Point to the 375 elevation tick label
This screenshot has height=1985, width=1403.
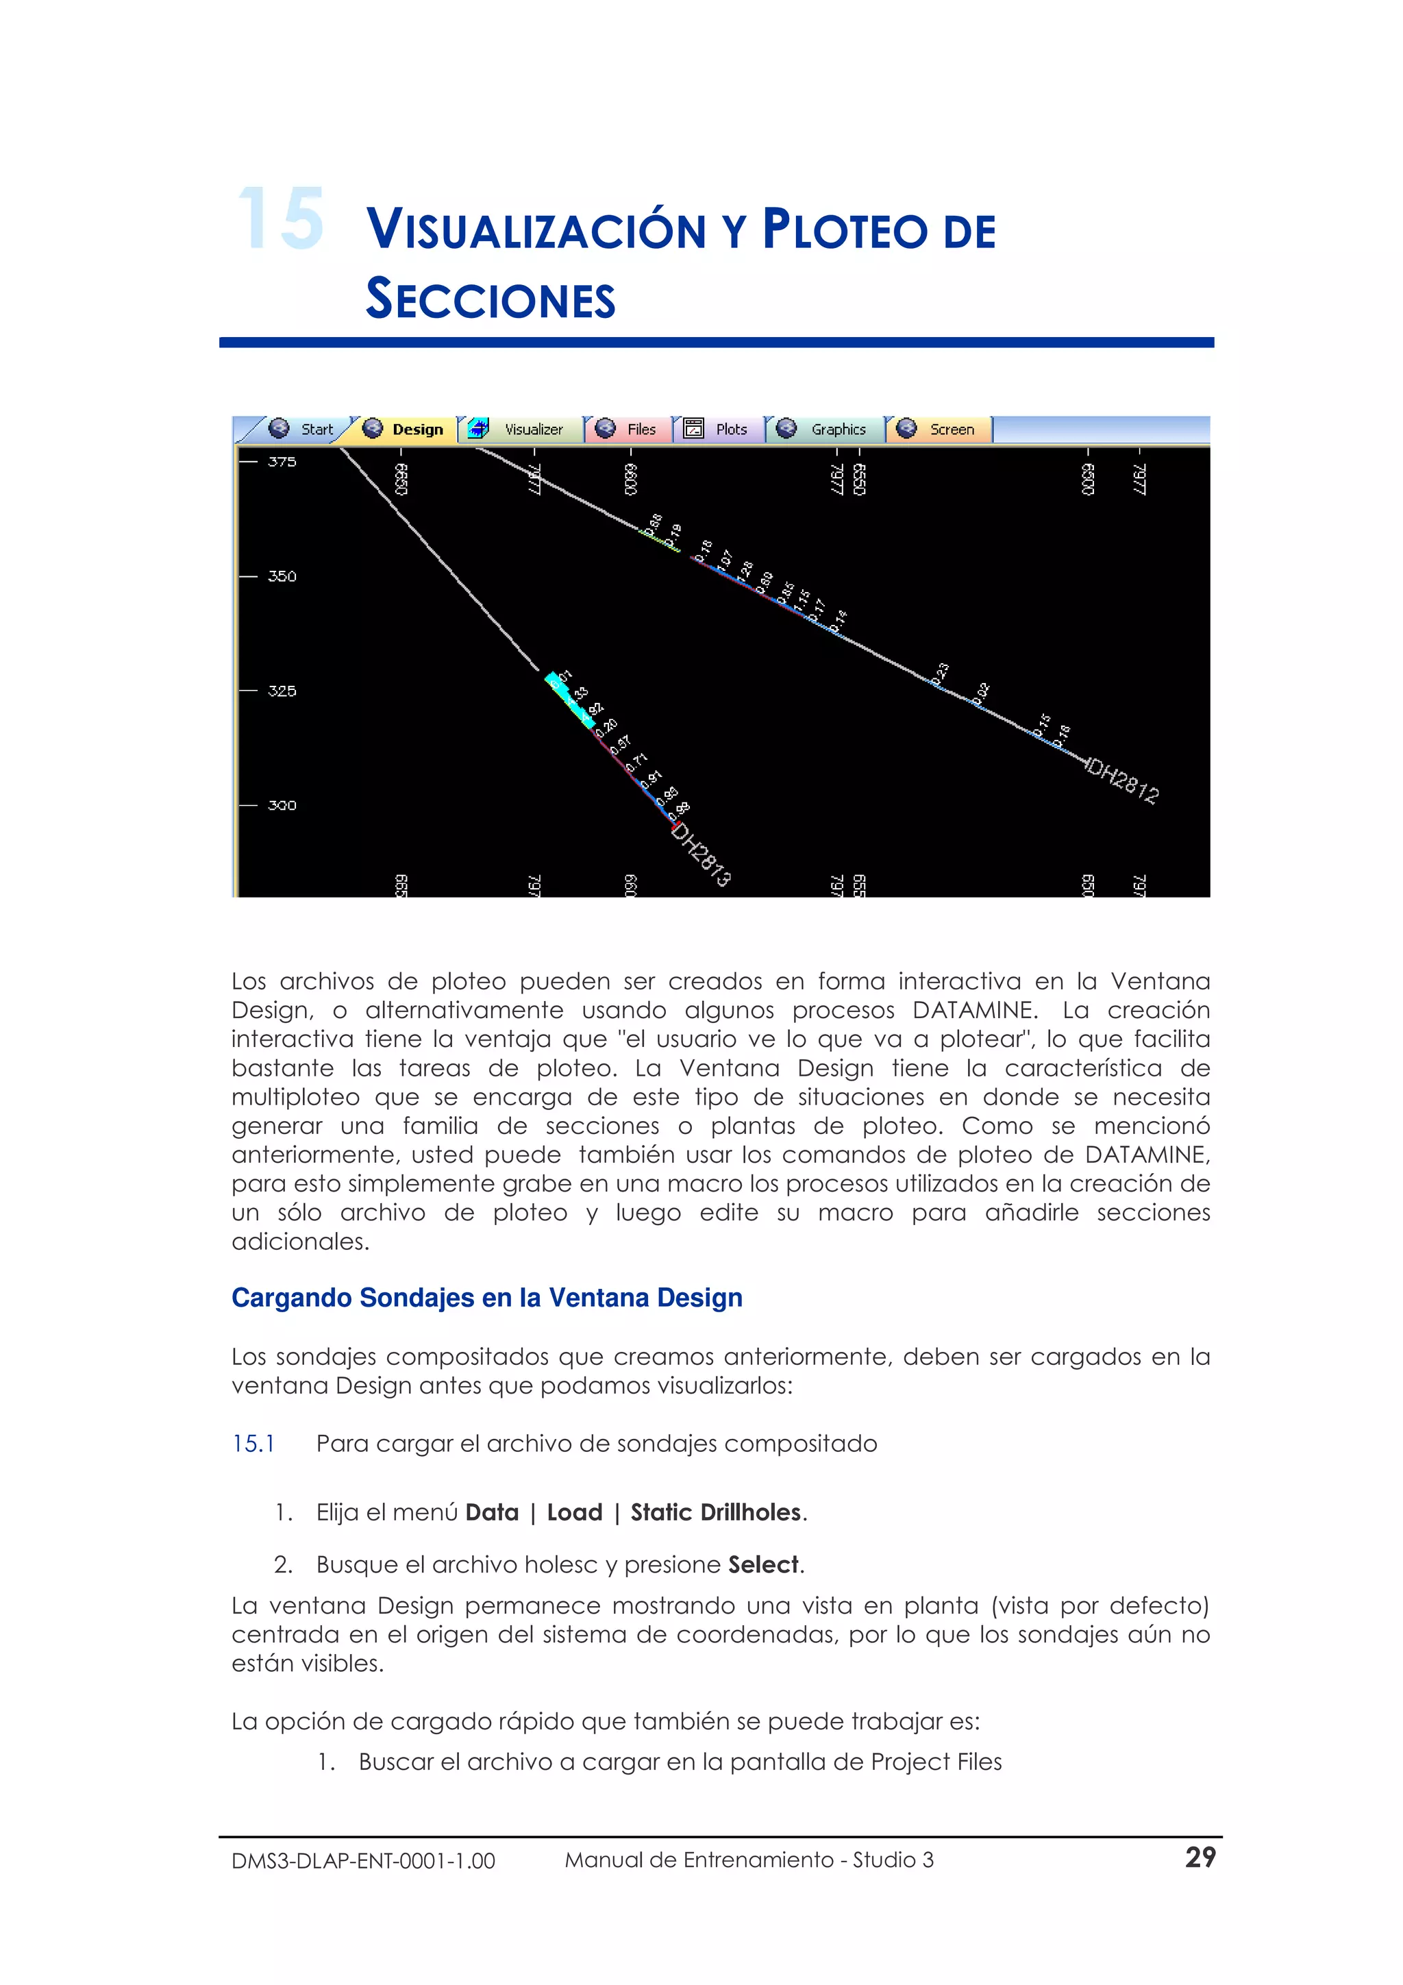pos(282,462)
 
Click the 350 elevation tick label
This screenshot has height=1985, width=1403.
pos(282,576)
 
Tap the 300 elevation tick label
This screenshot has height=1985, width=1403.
pos(282,805)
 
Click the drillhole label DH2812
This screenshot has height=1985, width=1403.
pos(1123,780)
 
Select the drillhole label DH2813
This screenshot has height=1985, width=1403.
pos(701,854)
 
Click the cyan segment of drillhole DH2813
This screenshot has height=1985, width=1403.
pos(571,700)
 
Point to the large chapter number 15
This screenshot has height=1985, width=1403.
pos(280,219)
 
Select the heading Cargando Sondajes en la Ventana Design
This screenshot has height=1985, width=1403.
pos(486,1297)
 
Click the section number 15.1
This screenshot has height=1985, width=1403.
pos(253,1444)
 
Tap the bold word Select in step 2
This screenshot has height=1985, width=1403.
pos(763,1565)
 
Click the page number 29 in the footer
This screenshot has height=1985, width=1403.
pos(1200,1857)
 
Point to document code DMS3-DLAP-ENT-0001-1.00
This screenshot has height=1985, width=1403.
pos(363,1860)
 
